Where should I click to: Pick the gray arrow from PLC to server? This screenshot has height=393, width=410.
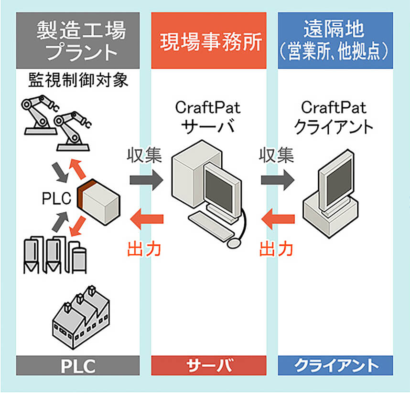tap(146, 180)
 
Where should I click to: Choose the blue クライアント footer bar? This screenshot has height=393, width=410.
tap(335, 366)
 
